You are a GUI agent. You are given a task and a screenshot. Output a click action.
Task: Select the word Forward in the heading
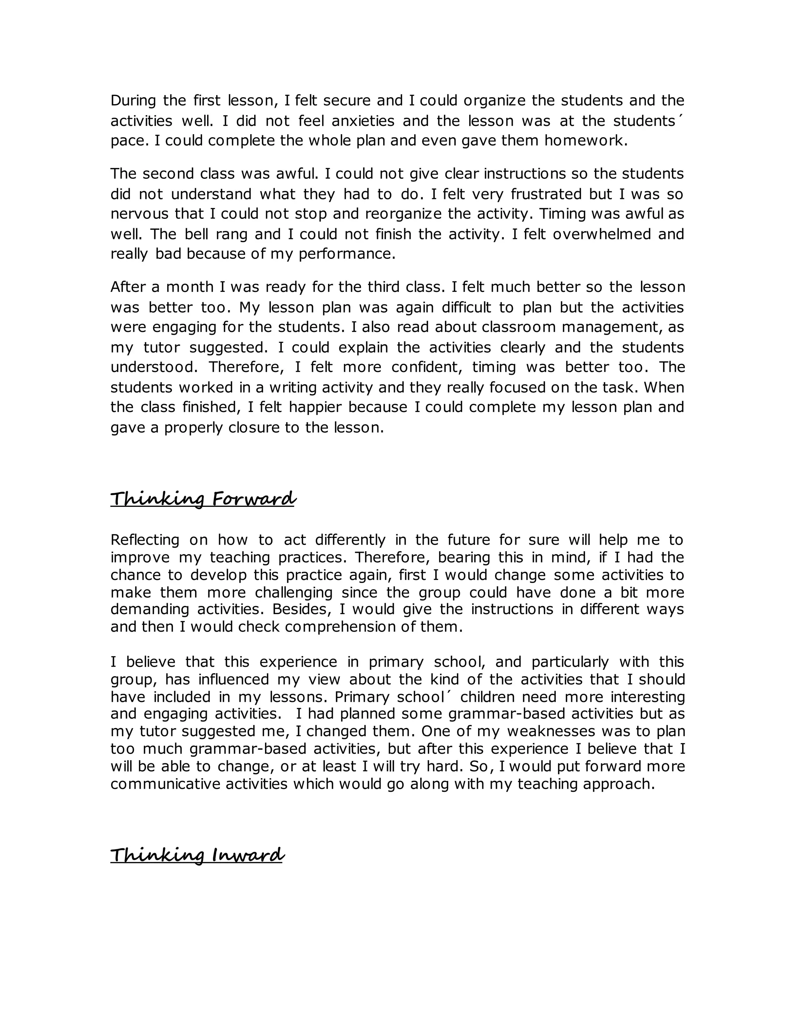pos(254,499)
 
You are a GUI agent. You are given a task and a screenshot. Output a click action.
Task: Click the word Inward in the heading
pos(248,855)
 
